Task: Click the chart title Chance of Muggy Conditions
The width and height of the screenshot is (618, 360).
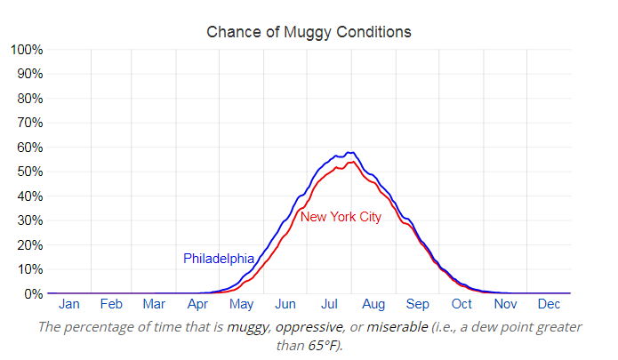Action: click(309, 32)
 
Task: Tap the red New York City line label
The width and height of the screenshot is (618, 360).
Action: click(341, 217)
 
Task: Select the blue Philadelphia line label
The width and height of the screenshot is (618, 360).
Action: click(219, 259)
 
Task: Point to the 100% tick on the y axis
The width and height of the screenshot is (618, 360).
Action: click(26, 49)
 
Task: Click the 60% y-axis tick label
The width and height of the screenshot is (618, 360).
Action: click(28, 147)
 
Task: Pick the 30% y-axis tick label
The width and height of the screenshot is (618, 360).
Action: click(28, 220)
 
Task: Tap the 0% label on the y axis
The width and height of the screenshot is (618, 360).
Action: click(32, 293)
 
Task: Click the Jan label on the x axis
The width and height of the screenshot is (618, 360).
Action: click(69, 305)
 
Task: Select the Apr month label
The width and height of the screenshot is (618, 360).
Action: click(197, 305)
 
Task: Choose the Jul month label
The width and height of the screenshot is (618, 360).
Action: click(329, 305)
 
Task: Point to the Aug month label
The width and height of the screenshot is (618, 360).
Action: click(373, 305)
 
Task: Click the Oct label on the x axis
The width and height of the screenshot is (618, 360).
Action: click(461, 305)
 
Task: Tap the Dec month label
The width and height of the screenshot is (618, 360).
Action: click(548, 305)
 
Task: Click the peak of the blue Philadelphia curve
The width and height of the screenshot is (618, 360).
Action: click(349, 152)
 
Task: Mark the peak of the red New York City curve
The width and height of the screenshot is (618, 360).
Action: click(352, 162)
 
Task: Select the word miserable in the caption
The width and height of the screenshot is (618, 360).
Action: click(397, 326)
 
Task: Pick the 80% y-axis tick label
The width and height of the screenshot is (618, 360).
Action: click(28, 98)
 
